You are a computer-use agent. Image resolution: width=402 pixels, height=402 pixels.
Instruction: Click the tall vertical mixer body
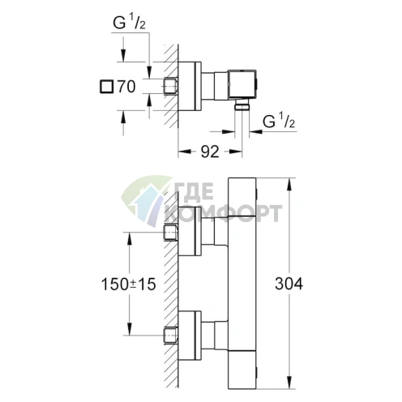coord(243,284)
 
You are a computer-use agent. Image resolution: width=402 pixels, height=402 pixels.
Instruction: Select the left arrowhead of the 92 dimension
coord(180,150)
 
